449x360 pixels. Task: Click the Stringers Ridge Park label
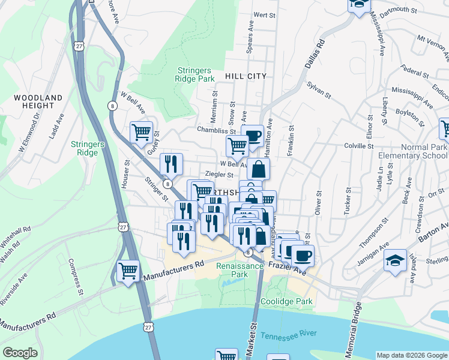coord(194,74)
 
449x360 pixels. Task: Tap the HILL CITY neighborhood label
coord(245,77)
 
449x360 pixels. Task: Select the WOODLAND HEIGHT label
coord(38,101)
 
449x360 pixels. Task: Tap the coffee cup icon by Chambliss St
coord(253,135)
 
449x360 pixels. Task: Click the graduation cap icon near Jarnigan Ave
coord(394,262)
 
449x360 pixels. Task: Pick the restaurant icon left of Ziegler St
coord(171,164)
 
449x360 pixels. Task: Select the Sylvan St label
coord(319,90)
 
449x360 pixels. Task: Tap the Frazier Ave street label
coord(288,268)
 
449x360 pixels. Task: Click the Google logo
coord(20,353)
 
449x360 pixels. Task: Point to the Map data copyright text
coord(411,355)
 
